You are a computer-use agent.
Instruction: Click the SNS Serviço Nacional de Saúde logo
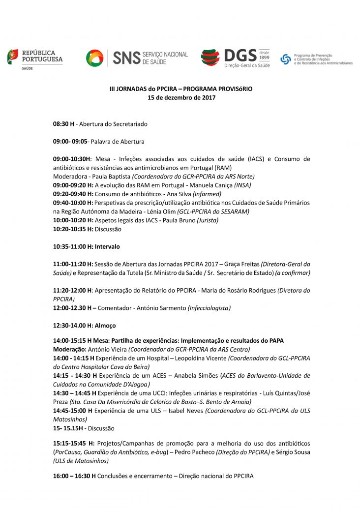tap(137, 58)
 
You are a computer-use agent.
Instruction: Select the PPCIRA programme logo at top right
tap(316, 60)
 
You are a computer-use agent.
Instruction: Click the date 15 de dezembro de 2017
tap(181, 97)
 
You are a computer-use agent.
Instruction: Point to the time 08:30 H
tap(63, 124)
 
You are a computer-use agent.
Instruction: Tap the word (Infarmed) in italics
tap(207, 194)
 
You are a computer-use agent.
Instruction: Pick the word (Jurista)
tap(208, 220)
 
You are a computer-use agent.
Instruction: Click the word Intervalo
tap(107, 246)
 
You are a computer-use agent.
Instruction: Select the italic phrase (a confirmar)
tap(293, 273)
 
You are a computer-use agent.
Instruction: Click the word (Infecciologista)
tap(209, 308)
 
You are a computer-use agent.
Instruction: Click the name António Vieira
tap(107, 349)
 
